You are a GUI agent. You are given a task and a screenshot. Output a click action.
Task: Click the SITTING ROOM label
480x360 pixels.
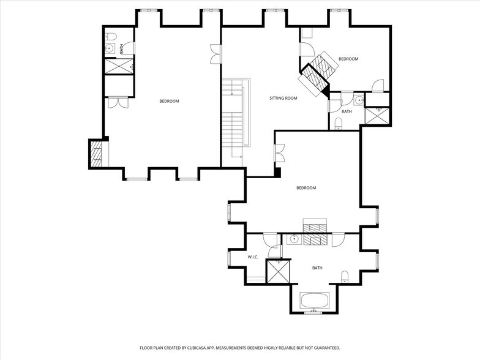pyautogui.click(x=283, y=98)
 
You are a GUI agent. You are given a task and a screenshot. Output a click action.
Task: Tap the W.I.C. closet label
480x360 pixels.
pyautogui.click(x=255, y=257)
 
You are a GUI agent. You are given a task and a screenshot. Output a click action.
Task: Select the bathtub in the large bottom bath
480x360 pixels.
pyautogui.click(x=314, y=301)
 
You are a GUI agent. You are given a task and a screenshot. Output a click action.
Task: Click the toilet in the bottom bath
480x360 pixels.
pyautogui.click(x=344, y=276)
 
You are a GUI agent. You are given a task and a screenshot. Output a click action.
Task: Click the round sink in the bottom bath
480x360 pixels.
pyautogui.click(x=294, y=239)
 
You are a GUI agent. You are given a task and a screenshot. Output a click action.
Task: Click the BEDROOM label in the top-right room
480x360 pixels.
pyautogui.click(x=348, y=59)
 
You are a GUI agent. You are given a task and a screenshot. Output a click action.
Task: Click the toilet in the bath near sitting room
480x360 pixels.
pyautogui.click(x=338, y=124)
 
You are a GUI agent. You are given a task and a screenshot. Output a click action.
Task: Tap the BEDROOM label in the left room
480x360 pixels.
pyautogui.click(x=169, y=101)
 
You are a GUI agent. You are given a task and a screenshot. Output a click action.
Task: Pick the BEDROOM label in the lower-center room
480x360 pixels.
pyautogui.click(x=306, y=188)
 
